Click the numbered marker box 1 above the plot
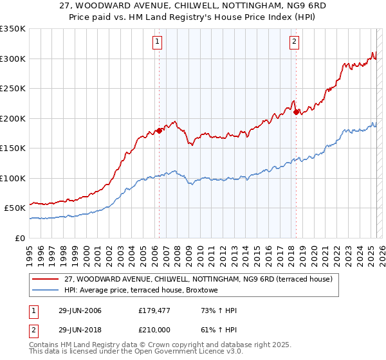point(158,42)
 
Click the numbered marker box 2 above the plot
point(294,42)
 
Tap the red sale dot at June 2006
point(159,131)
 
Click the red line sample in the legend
point(46,279)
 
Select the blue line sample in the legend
point(46,290)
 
